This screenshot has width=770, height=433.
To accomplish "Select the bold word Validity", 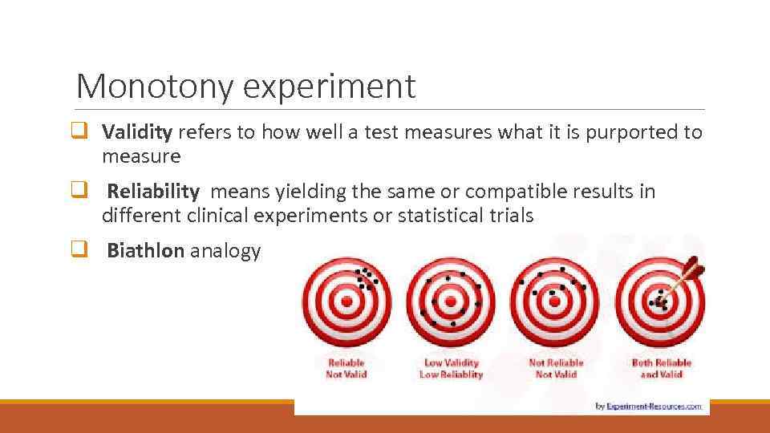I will click(x=137, y=132).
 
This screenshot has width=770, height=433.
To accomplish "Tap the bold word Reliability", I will click(x=153, y=192).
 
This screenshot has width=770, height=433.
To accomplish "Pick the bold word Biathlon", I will click(x=145, y=251).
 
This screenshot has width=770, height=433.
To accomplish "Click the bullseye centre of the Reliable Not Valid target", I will click(x=346, y=302).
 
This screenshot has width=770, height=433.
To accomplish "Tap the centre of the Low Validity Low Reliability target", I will click(x=452, y=302).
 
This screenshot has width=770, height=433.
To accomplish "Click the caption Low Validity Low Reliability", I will click(x=452, y=368).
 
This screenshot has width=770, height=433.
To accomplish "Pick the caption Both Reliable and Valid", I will click(x=661, y=368).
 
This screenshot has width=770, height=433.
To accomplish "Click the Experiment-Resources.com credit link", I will click(x=654, y=406).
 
